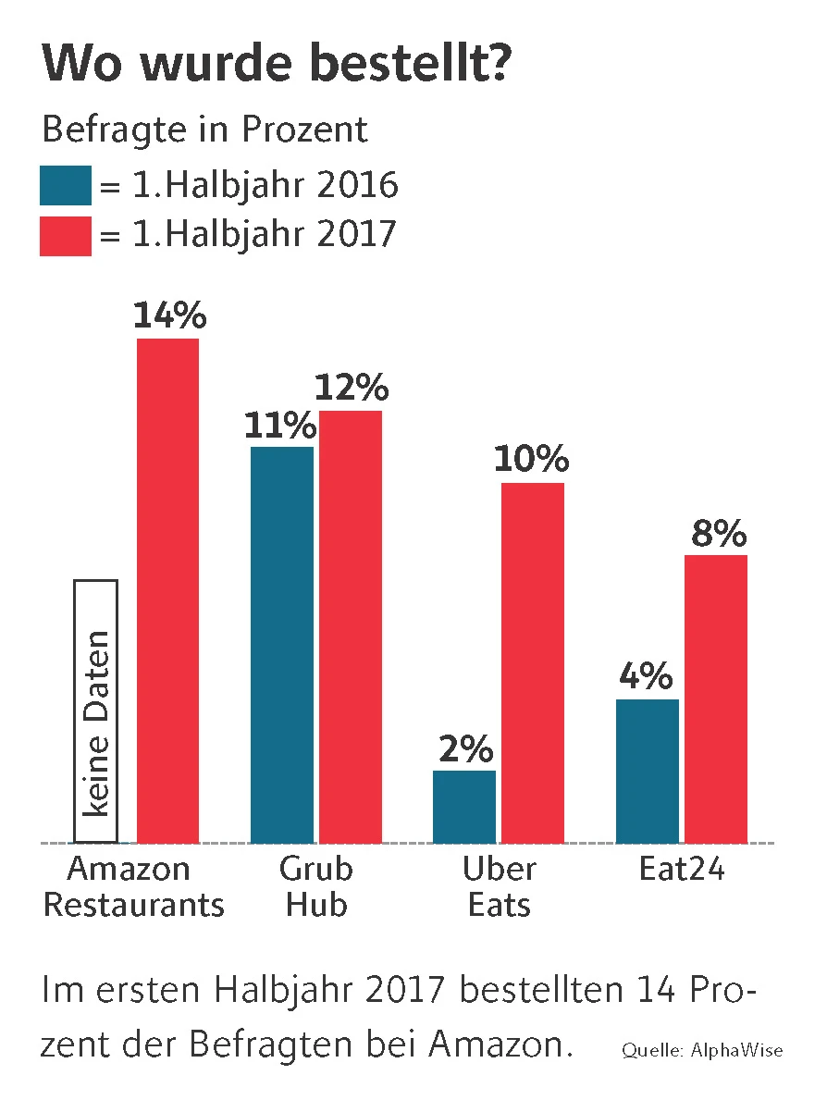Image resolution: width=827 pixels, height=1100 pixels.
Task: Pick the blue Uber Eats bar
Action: click(464, 807)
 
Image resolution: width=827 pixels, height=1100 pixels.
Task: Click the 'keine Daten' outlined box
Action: click(95, 711)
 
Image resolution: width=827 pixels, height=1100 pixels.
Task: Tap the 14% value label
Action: click(169, 315)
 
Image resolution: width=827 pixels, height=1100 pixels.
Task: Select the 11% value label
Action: click(280, 426)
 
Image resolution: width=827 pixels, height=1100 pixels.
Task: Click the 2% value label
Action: click(465, 749)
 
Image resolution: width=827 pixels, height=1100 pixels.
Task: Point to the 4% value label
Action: click(648, 677)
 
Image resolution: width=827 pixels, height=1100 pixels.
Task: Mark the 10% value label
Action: click(531, 460)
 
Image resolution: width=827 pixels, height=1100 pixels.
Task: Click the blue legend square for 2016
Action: click(66, 185)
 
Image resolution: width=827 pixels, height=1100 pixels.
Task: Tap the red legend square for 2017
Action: click(66, 235)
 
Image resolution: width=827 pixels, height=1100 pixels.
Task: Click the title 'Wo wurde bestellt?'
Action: click(276, 68)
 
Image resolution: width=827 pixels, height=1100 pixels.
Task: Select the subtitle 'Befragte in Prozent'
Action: click(204, 130)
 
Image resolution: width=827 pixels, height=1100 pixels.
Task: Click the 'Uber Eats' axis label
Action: click(499, 886)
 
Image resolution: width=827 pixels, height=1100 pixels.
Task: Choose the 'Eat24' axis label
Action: click(682, 870)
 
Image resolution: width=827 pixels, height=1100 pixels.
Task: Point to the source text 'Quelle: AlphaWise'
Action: click(702, 1050)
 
